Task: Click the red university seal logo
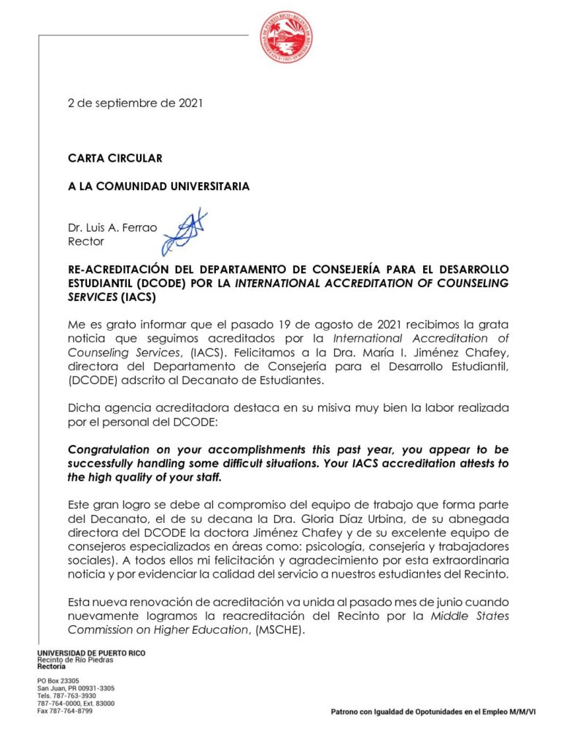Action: [x=287, y=36]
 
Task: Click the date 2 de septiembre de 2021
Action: [x=135, y=103]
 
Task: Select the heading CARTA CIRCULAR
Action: [x=115, y=158]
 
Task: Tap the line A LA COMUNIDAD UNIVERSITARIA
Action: [x=158, y=186]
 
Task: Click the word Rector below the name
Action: [x=86, y=241]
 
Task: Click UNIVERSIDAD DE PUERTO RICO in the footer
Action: [x=91, y=653]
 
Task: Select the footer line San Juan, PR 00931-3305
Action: [x=75, y=688]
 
